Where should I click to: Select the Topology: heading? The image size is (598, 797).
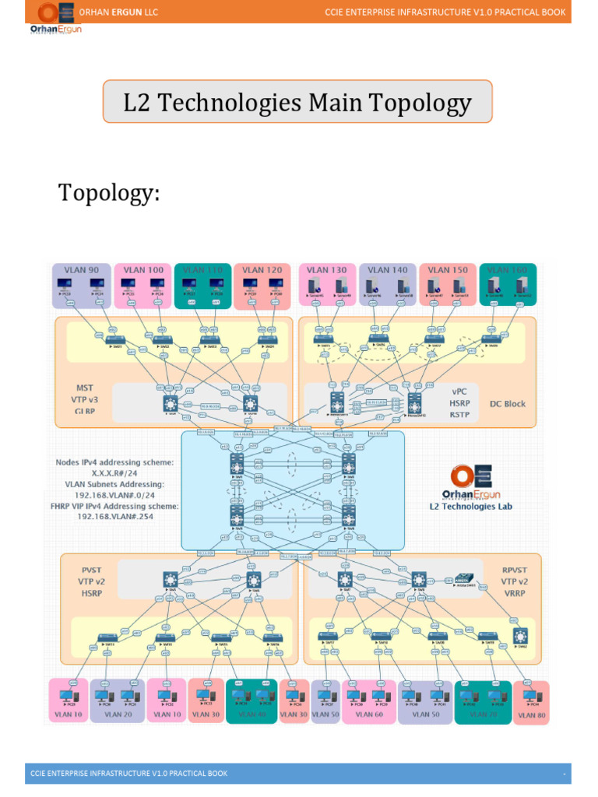pyautogui.click(x=109, y=193)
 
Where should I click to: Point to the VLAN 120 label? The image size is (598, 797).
pyautogui.click(x=262, y=270)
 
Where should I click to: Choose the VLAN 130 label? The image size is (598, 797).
pyautogui.click(x=327, y=270)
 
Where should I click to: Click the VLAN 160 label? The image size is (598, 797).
pyautogui.click(x=508, y=270)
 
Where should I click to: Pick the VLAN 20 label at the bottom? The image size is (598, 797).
pyautogui.click(x=118, y=714)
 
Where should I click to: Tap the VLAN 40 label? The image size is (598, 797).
pyautogui.click(x=252, y=714)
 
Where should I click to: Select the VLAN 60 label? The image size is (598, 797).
pyautogui.click(x=368, y=714)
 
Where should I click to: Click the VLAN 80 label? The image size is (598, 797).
pyautogui.click(x=532, y=714)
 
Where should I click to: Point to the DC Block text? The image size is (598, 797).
pyautogui.click(x=508, y=404)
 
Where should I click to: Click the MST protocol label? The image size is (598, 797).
pyautogui.click(x=84, y=387)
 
